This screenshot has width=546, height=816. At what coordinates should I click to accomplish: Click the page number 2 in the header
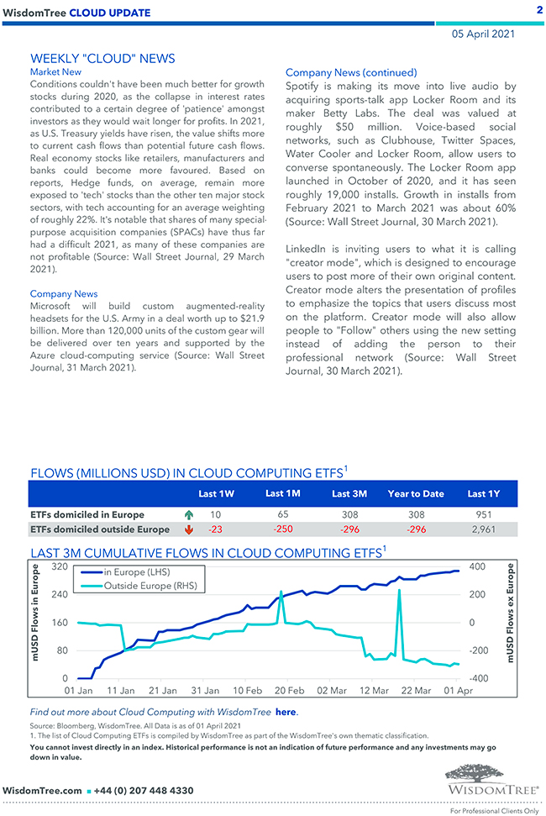pyautogui.click(x=538, y=10)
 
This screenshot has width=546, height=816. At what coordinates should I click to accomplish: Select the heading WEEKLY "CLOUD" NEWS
pyautogui.click(x=102, y=58)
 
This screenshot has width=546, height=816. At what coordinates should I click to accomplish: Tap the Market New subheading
pyautogui.click(x=55, y=72)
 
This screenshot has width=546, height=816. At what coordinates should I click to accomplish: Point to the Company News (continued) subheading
pyautogui.click(x=350, y=72)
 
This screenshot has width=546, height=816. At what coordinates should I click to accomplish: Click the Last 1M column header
pyautogui.click(x=282, y=493)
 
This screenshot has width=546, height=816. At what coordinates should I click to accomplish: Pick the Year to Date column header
pyautogui.click(x=415, y=493)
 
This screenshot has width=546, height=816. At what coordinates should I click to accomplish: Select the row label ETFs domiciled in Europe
pyautogui.click(x=87, y=514)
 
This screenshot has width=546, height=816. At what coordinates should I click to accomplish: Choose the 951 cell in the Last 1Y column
pyautogui.click(x=483, y=514)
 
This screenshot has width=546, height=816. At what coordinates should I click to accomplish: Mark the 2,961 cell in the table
pyautogui.click(x=483, y=529)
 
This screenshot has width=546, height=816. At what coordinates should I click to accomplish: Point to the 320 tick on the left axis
pyautogui.click(x=59, y=566)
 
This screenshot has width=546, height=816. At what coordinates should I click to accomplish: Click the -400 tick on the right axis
pyautogui.click(x=477, y=678)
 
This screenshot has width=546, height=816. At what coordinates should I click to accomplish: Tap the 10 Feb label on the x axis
pyautogui.click(x=247, y=691)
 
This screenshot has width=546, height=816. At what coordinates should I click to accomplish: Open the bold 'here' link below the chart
pyautogui.click(x=286, y=712)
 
